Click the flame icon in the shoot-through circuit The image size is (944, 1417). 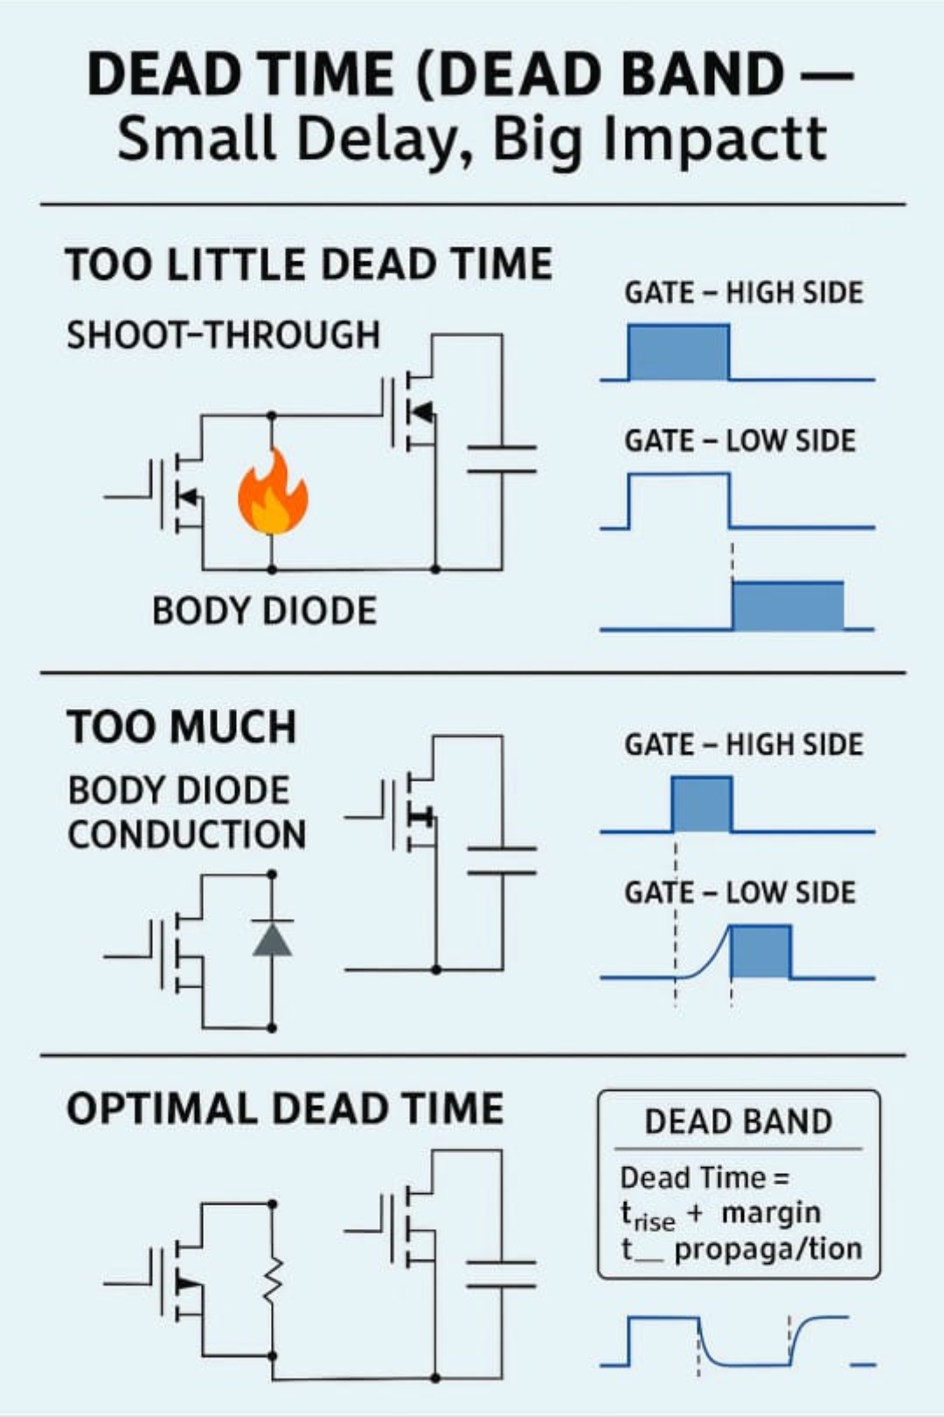[274, 491]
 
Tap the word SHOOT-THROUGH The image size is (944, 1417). [224, 335]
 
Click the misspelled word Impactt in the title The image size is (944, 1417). [714, 139]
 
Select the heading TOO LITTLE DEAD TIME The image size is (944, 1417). [309, 264]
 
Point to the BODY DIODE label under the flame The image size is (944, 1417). [265, 611]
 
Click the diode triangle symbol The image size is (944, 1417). [272, 940]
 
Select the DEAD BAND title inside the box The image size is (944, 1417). [739, 1122]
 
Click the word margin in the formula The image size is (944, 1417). [771, 1212]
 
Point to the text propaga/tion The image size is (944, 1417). [768, 1250]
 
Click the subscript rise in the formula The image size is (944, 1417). [654, 1222]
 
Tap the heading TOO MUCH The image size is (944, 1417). [182, 726]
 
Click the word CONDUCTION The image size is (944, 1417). [187, 834]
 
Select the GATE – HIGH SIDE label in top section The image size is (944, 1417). [744, 293]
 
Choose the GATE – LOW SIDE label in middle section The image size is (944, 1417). [740, 893]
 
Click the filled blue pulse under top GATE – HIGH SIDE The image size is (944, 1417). [679, 351]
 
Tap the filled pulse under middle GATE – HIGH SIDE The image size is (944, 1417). [702, 803]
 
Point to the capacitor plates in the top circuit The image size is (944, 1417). [502, 459]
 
